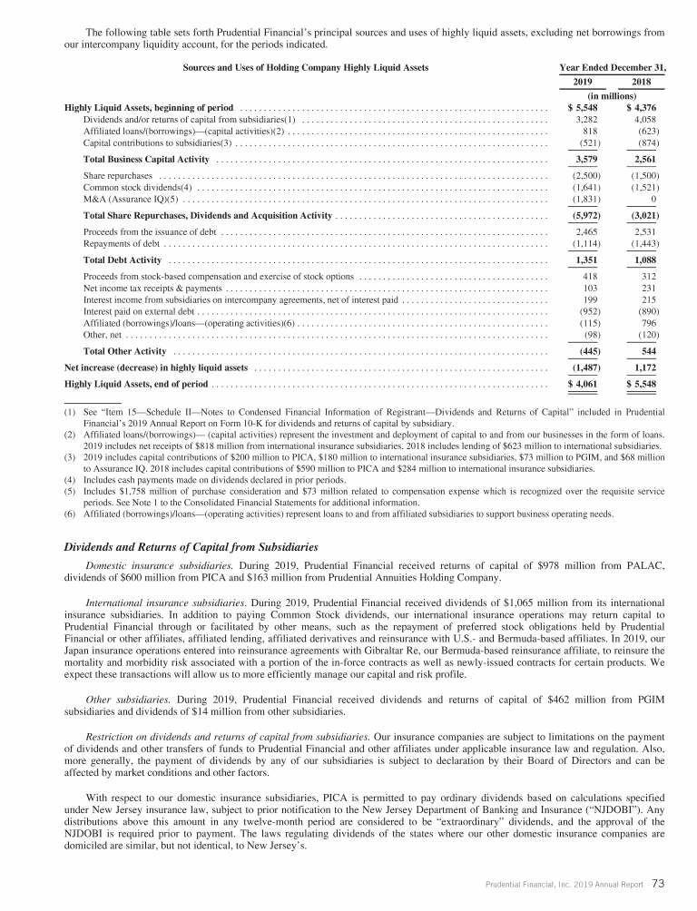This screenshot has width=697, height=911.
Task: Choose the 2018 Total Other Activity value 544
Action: (x=645, y=350)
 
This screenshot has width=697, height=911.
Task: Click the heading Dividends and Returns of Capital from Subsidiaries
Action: (x=191, y=547)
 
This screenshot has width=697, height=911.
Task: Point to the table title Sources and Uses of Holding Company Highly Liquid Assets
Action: (x=306, y=68)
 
